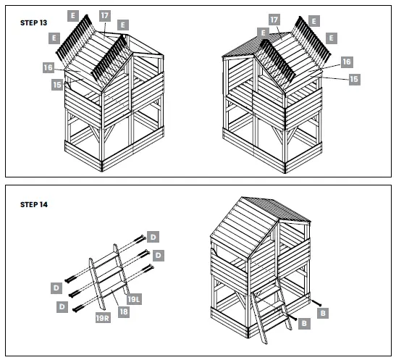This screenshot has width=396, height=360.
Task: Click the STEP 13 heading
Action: coord(35,22)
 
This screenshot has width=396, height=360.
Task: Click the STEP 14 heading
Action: coord(35,205)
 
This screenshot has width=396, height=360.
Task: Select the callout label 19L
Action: coord(134,298)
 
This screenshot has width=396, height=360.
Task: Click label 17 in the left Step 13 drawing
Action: coord(105,14)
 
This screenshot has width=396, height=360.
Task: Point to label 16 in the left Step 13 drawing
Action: coord(49,67)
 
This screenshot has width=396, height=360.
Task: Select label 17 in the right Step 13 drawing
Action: coord(274,19)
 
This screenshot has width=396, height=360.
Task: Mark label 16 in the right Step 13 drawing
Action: coord(347,62)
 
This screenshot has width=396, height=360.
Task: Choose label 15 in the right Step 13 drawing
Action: coord(354,78)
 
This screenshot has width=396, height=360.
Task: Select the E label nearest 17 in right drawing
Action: coord(260,33)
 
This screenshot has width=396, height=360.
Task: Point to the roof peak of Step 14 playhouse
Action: coord(243,197)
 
